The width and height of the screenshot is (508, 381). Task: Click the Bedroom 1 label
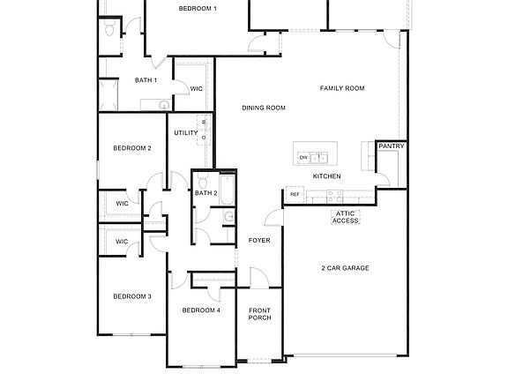(198, 8)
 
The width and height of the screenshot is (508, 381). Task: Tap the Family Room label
(342, 88)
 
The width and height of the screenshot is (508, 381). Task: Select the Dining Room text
(265, 108)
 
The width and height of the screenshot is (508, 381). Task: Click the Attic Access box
(346, 217)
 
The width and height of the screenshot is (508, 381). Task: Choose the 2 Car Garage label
(344, 267)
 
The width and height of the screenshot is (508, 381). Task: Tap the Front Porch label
(259, 314)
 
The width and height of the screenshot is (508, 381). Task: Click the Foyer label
(259, 240)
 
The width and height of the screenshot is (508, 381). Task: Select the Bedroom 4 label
(201, 310)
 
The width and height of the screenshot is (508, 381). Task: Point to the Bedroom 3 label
(132, 296)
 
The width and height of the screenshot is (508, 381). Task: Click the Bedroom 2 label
(132, 148)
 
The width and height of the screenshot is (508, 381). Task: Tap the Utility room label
(186, 133)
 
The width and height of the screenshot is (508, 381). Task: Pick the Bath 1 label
(146, 80)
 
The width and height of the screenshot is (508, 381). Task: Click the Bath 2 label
(206, 193)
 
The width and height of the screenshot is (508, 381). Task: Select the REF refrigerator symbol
(295, 194)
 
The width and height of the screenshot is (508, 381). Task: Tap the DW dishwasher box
(303, 158)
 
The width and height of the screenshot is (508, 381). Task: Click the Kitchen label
(327, 176)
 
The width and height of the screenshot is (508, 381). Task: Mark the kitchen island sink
(321, 158)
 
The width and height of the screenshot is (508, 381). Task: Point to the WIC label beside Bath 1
(197, 88)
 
